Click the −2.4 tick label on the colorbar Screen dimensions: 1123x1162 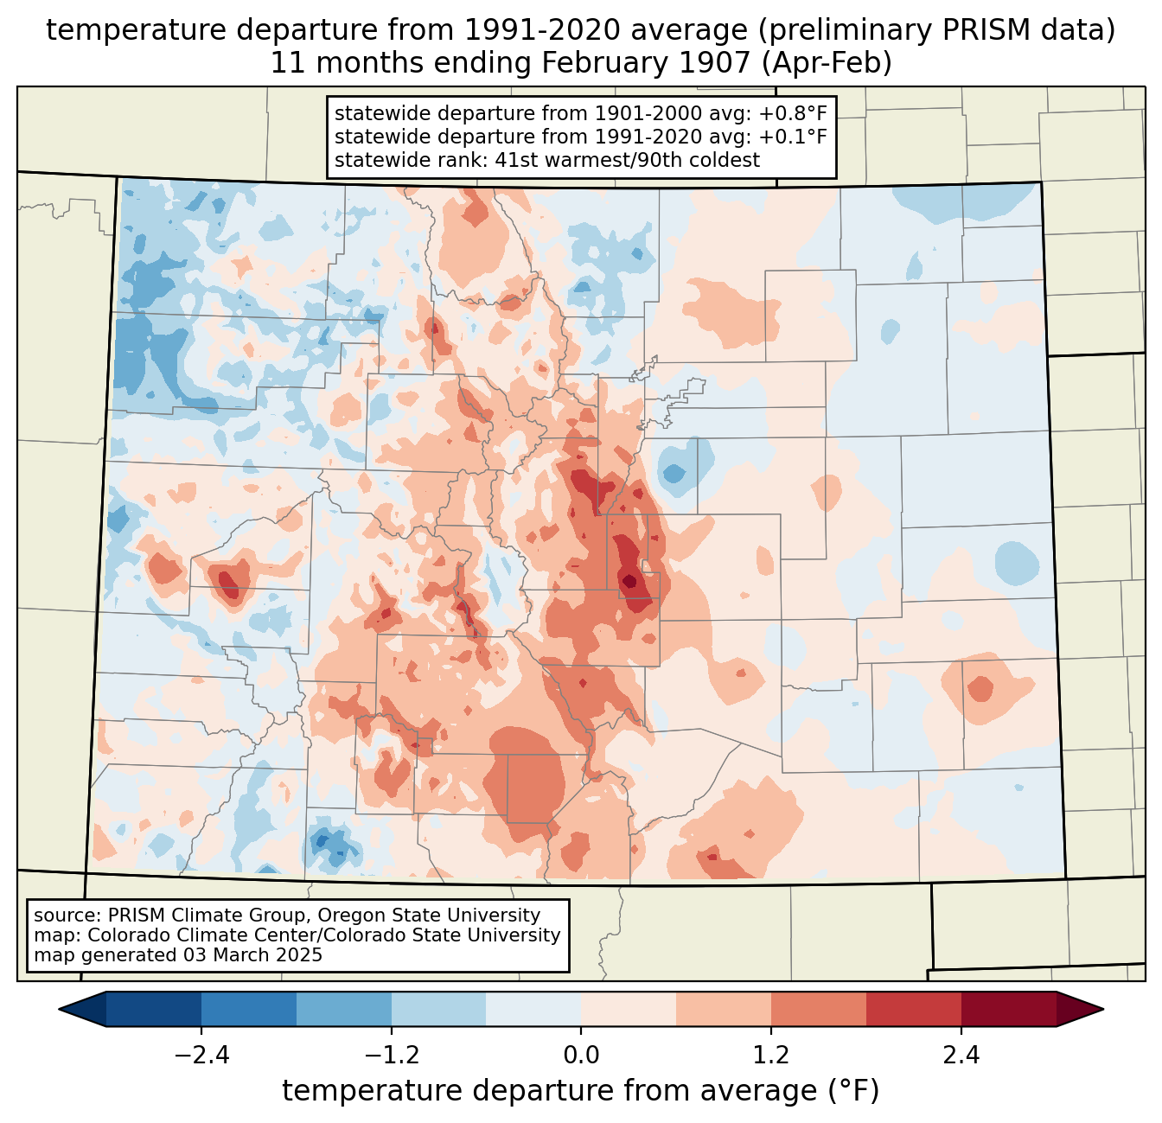201,1056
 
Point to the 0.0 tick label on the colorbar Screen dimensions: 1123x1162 581,1056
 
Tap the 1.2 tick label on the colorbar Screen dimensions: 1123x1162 770,1056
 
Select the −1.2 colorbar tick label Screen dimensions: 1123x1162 392,1056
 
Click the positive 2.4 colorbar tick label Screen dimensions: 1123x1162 961,1056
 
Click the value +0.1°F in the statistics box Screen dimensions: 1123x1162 793,137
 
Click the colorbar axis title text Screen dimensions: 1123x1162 580,1091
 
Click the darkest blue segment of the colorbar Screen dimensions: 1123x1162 154,1009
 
